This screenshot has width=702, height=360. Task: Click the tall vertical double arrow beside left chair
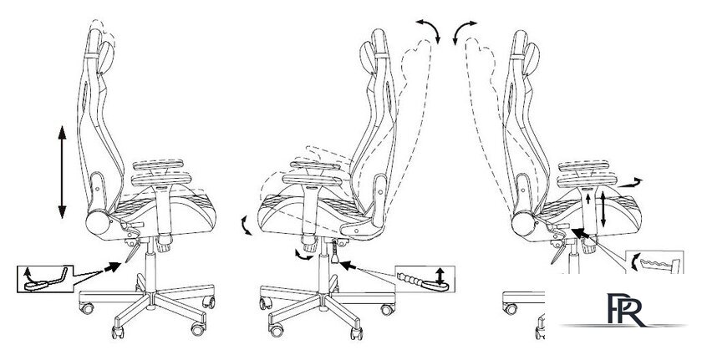[x=62, y=172]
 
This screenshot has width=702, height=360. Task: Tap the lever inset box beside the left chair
[x=45, y=279]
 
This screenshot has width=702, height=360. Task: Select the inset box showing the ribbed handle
[x=425, y=279]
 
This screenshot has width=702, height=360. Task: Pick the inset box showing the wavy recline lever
[x=654, y=262]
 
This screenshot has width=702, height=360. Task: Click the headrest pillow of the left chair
[x=105, y=58]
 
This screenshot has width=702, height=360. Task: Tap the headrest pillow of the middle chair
[x=367, y=58]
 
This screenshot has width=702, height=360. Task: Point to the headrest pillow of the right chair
[x=532, y=58]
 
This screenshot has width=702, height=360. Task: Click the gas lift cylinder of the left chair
[x=151, y=266]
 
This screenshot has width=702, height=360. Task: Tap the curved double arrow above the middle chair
[x=429, y=30]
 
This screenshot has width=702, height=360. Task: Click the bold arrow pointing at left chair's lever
[x=112, y=267]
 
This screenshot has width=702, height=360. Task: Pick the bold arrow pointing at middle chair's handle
[x=348, y=265]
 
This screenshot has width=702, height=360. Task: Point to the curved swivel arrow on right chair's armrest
[x=629, y=182]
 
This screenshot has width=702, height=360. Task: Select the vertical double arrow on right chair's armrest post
[x=603, y=208]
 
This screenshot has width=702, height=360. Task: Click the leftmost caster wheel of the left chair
[x=86, y=308]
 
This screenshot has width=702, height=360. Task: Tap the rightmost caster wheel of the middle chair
[x=387, y=309]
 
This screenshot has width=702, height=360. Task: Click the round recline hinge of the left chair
[x=98, y=223]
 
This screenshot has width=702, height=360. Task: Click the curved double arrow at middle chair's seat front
[x=246, y=225]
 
